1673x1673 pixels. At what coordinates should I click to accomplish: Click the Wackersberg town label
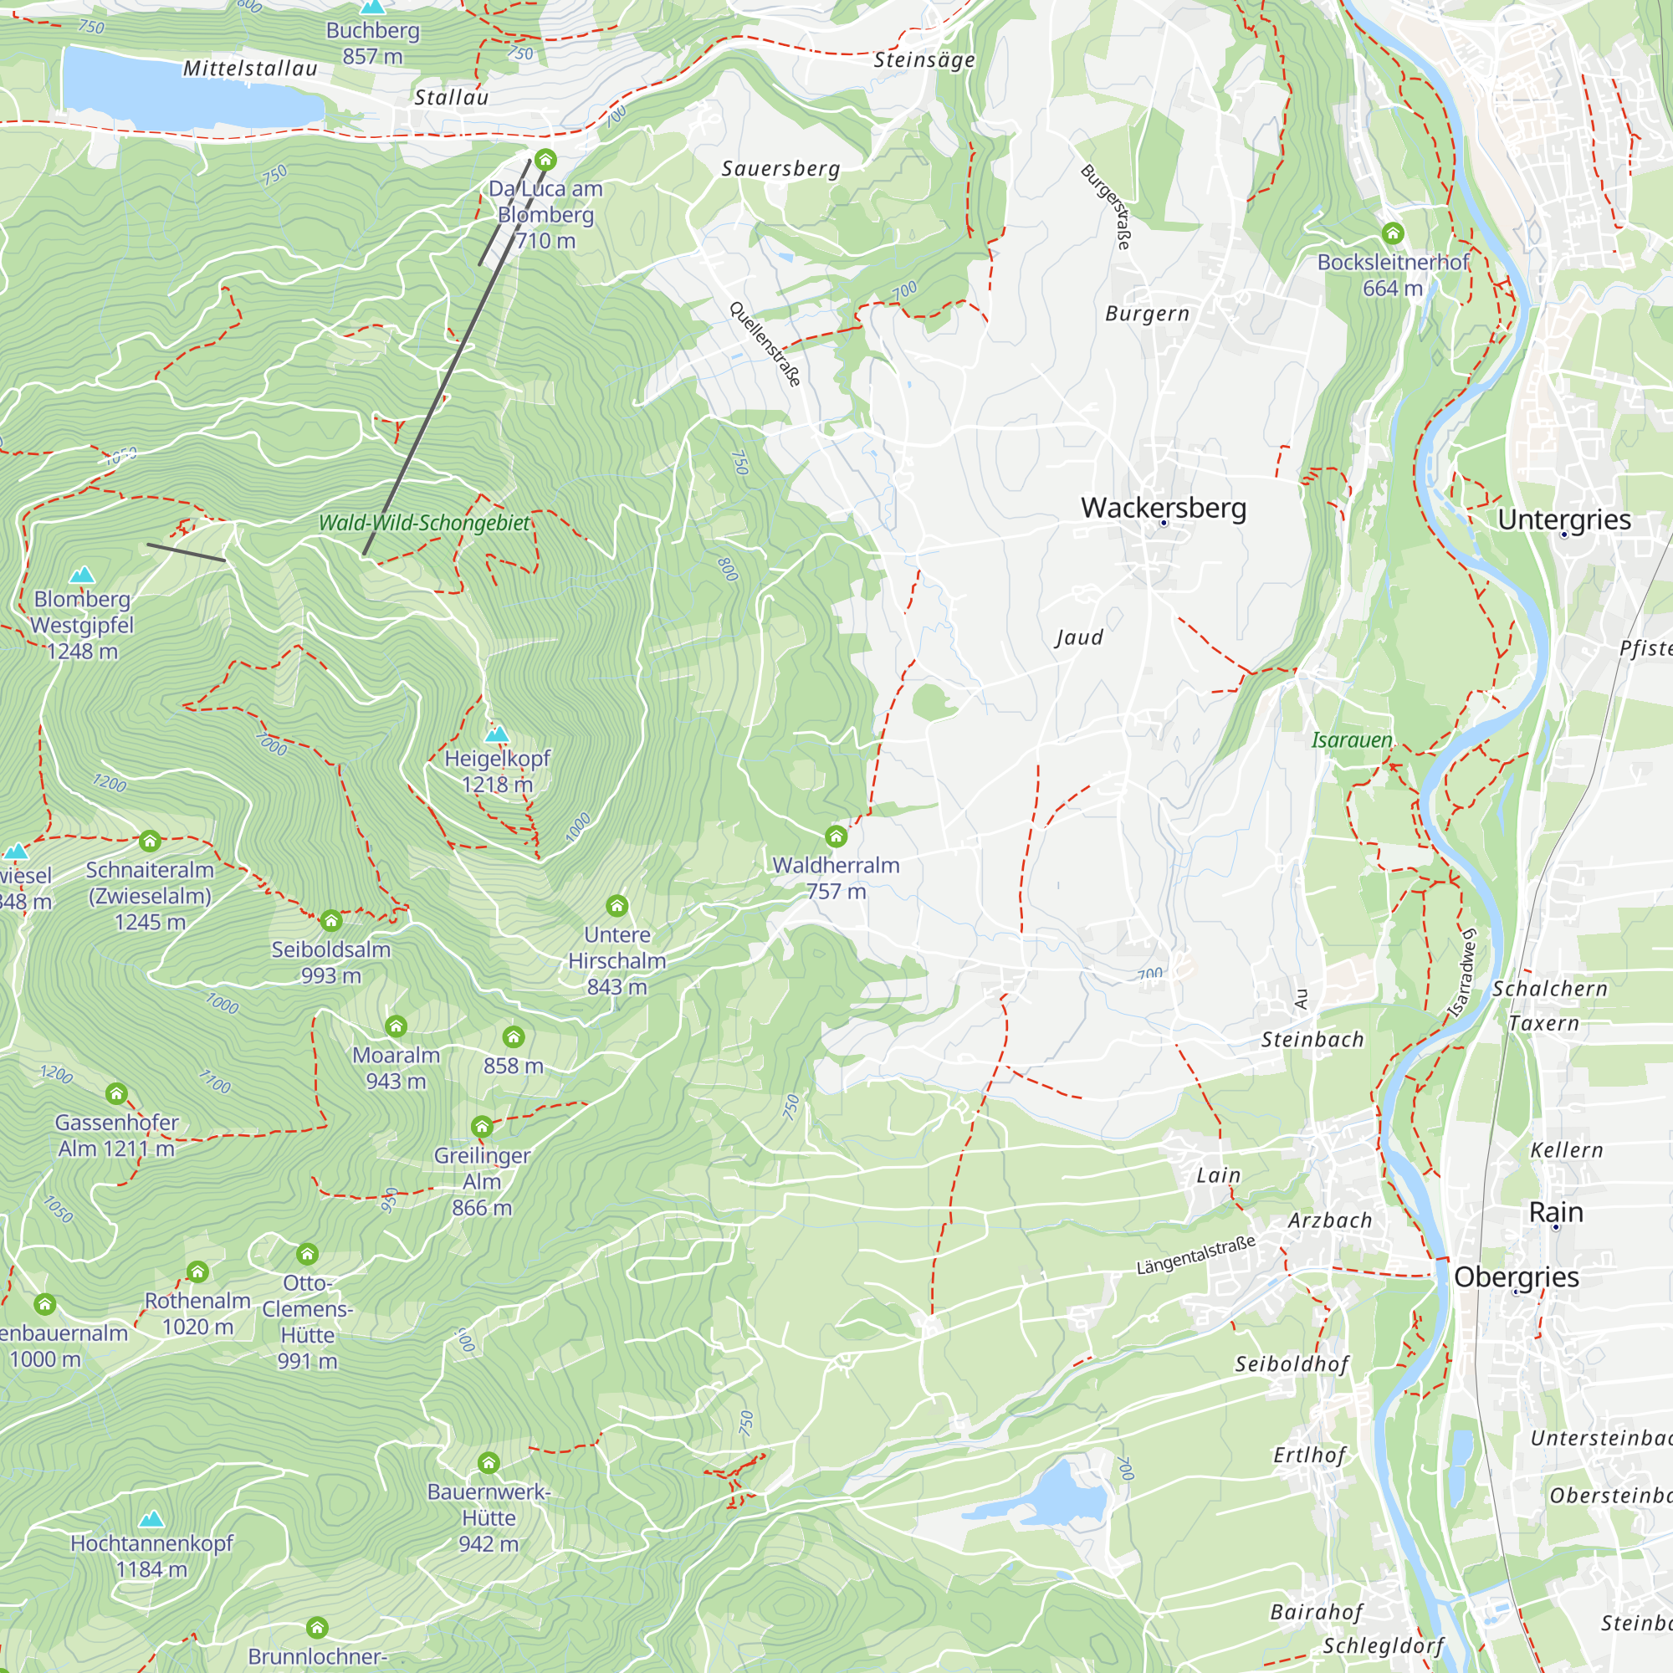click(1163, 508)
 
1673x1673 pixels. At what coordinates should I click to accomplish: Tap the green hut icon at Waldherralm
click(836, 836)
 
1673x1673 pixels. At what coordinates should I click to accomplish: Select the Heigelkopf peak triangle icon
click(496, 734)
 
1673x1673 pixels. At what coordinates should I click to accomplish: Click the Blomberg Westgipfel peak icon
click(81, 575)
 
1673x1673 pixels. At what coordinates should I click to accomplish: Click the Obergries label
click(1517, 1276)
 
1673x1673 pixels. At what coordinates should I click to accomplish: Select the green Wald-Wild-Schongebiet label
click(423, 522)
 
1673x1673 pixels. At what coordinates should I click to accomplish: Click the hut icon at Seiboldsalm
click(330, 920)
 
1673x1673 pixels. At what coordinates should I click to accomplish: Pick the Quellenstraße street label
click(765, 344)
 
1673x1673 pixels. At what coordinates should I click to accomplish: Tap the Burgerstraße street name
click(1107, 207)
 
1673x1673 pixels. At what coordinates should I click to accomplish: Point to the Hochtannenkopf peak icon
click(151, 1519)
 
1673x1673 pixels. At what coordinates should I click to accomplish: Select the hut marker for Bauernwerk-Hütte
click(489, 1463)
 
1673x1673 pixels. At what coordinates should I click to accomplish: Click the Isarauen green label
click(1351, 739)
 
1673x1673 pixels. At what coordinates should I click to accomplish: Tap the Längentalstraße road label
click(1195, 1256)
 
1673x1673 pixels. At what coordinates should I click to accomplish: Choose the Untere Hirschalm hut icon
click(617, 906)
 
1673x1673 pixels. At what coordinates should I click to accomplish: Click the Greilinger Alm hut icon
click(482, 1127)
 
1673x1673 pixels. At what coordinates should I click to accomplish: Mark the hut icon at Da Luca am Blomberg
click(545, 159)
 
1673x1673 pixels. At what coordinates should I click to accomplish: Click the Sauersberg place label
click(780, 168)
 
